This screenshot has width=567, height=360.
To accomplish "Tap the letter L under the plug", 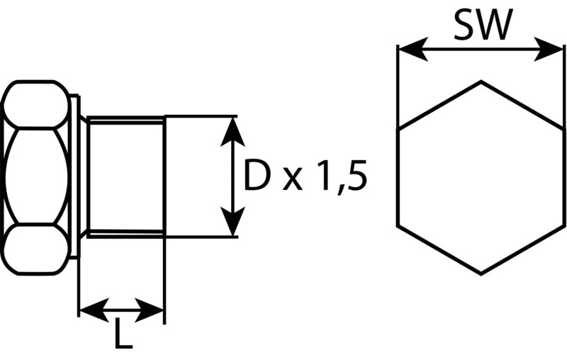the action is (123, 334).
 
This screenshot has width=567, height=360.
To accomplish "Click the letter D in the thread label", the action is (257, 176).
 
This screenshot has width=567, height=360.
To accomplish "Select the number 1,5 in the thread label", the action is (342, 178).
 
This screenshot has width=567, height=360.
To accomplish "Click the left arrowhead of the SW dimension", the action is (412, 48).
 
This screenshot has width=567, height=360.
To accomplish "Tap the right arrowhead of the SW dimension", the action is (549, 48).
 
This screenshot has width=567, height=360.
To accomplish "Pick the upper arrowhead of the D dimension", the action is (232, 132).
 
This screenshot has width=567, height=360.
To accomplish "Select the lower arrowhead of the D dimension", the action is (232, 221).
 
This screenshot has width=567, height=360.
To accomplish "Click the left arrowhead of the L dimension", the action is (94, 310).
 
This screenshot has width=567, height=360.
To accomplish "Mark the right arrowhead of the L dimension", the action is (149, 310).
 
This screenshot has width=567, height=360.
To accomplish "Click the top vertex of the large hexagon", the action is (481, 81).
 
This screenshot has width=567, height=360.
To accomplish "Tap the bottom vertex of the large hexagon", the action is (481, 275).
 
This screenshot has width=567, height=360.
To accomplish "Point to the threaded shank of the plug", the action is (125, 176).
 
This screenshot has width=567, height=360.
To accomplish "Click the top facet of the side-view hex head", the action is (35, 104).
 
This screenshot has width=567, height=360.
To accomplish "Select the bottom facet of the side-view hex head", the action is (35, 249).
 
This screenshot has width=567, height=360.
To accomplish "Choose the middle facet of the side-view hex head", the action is (36, 176).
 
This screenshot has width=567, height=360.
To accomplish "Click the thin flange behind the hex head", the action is (74, 176).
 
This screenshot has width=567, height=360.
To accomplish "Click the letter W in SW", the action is (495, 25).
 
